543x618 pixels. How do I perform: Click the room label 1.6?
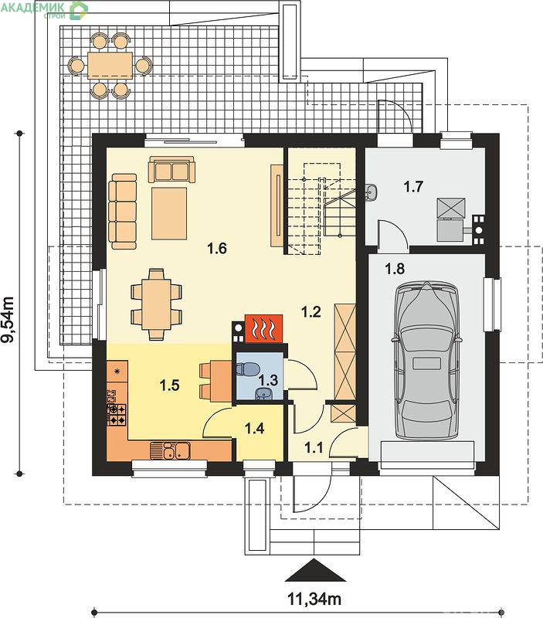[217, 248]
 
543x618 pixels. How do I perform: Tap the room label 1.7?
[413, 186]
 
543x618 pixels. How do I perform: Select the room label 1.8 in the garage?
[395, 269]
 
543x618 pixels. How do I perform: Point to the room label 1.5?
[170, 385]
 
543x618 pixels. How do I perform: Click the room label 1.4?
[255, 428]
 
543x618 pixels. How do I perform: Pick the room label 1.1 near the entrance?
[314, 448]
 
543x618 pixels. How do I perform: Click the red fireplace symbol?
[263, 328]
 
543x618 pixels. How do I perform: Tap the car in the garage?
[427, 360]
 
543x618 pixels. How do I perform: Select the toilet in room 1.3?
[246, 369]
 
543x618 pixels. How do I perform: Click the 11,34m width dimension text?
[314, 599]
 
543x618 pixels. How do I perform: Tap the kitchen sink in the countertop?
[170, 450]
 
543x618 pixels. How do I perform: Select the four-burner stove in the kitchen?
[117, 415]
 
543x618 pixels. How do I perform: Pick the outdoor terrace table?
[110, 66]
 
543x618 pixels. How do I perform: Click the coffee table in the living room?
[169, 213]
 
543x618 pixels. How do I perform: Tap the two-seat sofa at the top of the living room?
[171, 170]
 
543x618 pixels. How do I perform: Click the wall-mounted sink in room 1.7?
[372, 192]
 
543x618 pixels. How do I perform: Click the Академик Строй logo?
[44, 9]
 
